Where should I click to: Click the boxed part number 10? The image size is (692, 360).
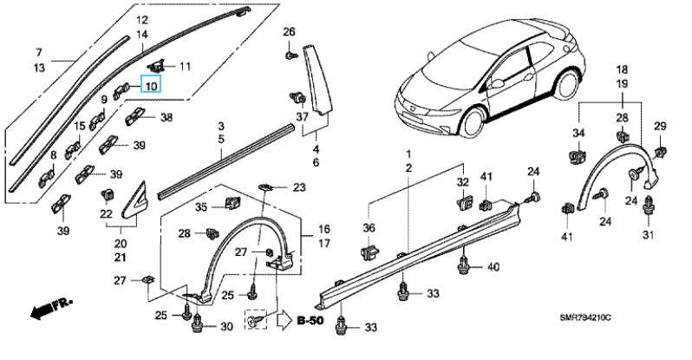tap(151, 85)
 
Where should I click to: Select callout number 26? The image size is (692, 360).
tap(290, 34)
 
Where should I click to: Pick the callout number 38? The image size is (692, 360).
tap(165, 117)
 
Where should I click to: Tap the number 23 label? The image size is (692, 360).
tap(299, 187)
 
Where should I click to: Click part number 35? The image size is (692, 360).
tap(201, 207)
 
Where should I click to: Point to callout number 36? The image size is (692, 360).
tap(369, 227)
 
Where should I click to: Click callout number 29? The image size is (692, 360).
tap(659, 128)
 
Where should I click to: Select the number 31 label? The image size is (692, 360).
tap(647, 236)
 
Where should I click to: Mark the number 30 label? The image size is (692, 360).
tap(227, 326)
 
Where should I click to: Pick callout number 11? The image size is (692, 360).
tap(186, 65)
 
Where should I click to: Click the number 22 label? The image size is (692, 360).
tap(106, 213)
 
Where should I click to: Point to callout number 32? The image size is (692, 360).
tap(462, 182)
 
